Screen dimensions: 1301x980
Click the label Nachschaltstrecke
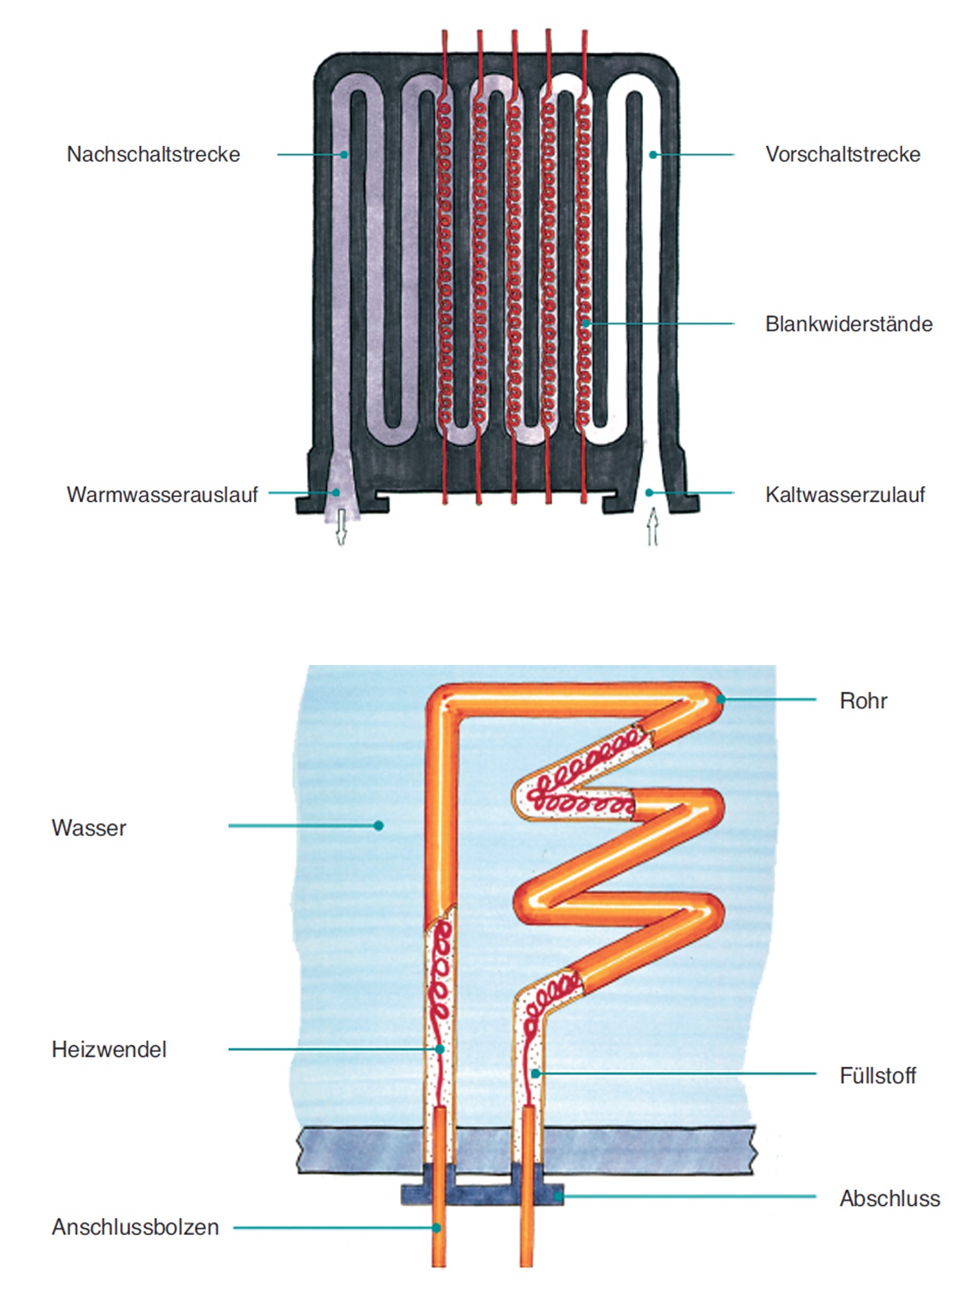(x=153, y=154)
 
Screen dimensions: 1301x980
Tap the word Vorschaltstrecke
(x=842, y=154)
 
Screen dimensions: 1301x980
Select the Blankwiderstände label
(x=848, y=324)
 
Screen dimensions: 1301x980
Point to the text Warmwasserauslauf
(x=162, y=495)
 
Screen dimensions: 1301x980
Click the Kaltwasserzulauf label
(x=845, y=495)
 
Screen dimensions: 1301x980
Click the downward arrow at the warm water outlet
(x=341, y=526)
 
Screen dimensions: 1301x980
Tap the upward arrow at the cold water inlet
(x=652, y=526)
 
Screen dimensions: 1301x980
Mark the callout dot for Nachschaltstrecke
(x=344, y=155)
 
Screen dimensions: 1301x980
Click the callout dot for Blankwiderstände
(x=585, y=323)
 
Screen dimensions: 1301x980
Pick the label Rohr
(x=863, y=701)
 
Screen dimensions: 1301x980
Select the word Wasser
(x=88, y=828)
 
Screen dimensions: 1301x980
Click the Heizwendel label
(x=109, y=1050)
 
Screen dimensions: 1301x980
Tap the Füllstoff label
(x=877, y=1076)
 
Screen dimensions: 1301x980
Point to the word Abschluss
(x=889, y=1199)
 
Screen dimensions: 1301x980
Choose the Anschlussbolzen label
(x=135, y=1227)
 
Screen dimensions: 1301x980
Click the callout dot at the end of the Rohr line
(x=721, y=699)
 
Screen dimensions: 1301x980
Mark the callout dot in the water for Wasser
(x=379, y=825)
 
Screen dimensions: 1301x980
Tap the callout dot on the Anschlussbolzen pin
(x=437, y=1228)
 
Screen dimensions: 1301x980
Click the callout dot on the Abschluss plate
(x=558, y=1196)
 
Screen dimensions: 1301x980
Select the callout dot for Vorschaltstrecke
(x=652, y=155)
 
